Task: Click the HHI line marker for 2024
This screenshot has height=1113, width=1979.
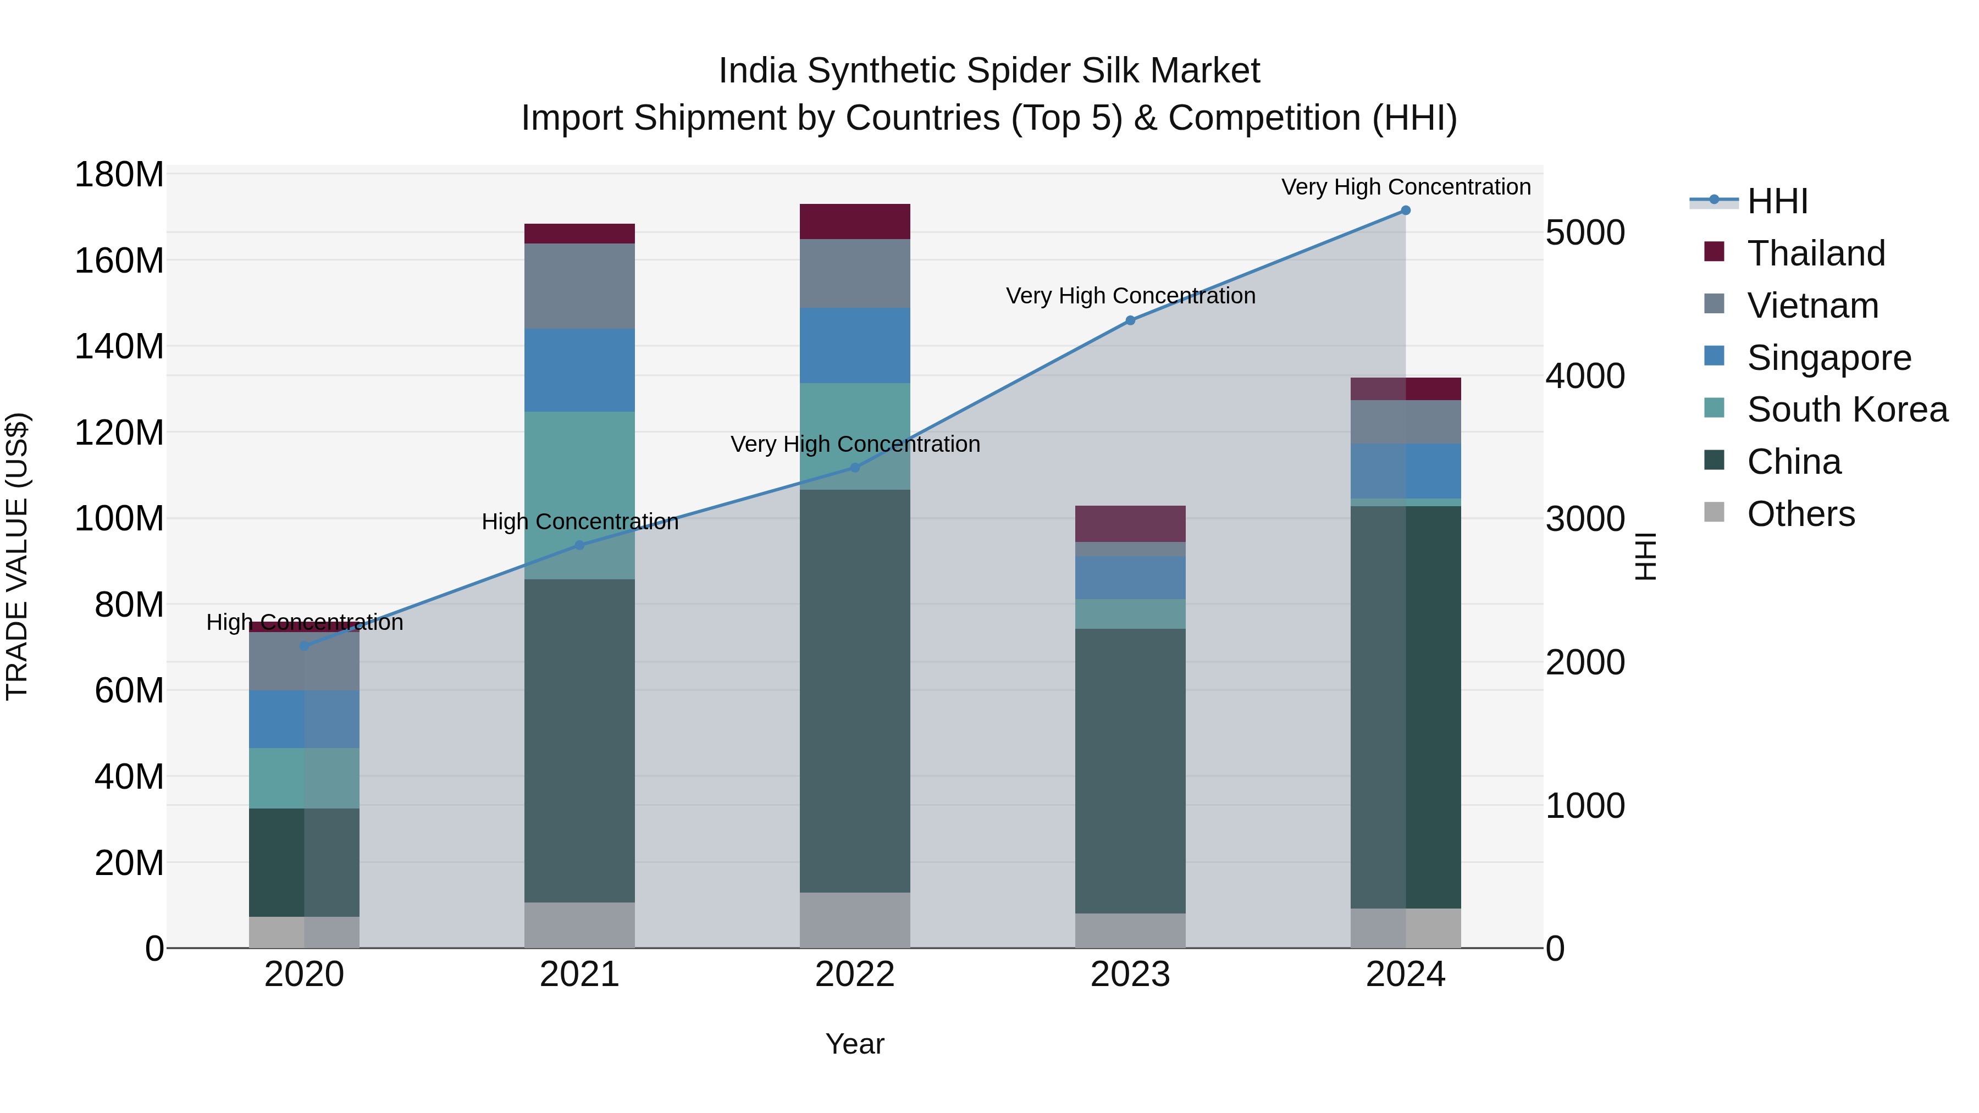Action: [x=1405, y=211]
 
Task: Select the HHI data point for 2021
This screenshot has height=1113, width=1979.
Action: [x=580, y=545]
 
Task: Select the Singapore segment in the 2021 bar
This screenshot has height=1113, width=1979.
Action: [x=579, y=370]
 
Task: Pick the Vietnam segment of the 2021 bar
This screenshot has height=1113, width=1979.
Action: [x=579, y=286]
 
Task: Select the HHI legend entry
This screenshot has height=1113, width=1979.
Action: [x=1777, y=201]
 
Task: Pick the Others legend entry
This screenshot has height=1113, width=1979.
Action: [x=1800, y=514]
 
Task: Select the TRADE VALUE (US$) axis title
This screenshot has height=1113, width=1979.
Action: [x=17, y=556]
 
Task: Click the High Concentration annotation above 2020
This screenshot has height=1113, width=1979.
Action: [x=304, y=622]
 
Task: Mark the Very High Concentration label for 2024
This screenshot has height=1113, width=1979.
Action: [x=1405, y=187]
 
